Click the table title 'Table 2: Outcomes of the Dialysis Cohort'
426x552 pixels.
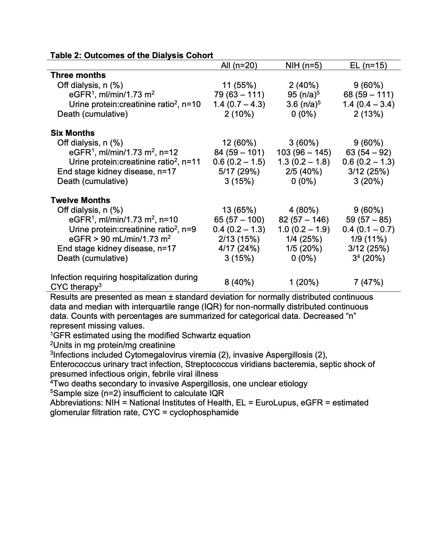[131, 56]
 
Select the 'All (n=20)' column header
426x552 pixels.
[239, 66]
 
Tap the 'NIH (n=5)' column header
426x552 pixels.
[303, 66]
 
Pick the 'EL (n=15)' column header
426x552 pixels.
[369, 66]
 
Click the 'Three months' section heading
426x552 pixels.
[78, 75]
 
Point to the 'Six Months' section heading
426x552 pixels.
[73, 133]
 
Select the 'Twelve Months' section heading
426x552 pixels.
[80, 200]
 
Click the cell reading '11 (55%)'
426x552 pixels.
[239, 85]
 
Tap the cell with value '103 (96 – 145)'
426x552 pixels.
[304, 153]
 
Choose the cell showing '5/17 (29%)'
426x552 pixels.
[239, 172]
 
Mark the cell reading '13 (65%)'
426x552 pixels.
[239, 210]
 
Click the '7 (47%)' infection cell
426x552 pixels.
[369, 282]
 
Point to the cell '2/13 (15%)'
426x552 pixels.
[239, 239]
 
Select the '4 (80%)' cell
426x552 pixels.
[303, 210]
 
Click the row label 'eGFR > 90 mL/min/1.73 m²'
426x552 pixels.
[120, 239]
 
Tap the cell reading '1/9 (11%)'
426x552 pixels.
[369, 239]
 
